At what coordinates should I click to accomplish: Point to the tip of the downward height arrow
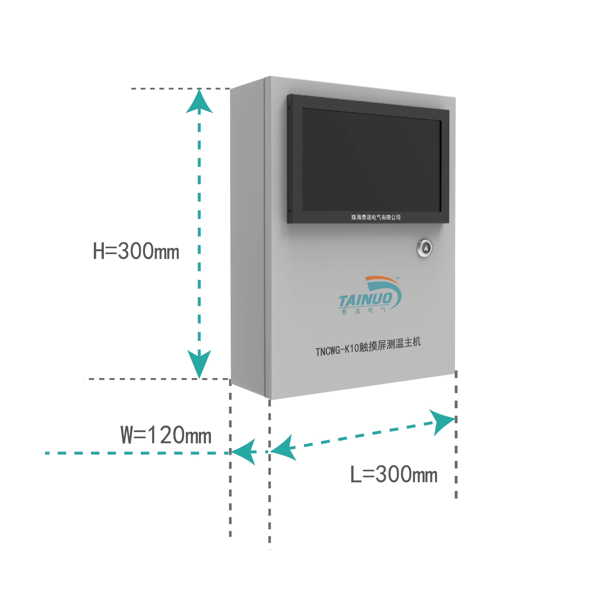(x=199, y=378)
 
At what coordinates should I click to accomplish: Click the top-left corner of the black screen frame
(x=288, y=94)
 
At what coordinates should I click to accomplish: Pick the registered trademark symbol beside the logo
(x=397, y=278)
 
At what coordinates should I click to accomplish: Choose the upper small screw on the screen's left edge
(x=289, y=107)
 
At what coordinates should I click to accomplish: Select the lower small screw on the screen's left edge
(x=289, y=210)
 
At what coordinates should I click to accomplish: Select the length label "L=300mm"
(x=394, y=474)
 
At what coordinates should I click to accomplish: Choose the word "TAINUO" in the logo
(x=365, y=299)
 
